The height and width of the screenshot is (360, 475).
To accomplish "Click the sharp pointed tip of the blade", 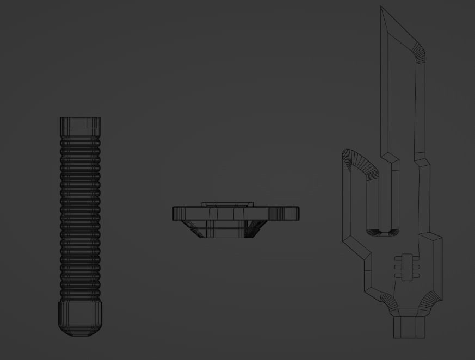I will tap(381, 9).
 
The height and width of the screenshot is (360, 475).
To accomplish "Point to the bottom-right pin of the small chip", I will tap(416, 276).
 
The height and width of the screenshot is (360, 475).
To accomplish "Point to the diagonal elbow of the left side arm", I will tap(356, 245).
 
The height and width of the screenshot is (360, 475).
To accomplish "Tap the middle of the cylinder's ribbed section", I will tap(80, 218).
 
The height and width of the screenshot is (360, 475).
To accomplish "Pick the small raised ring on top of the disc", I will tap(227, 204).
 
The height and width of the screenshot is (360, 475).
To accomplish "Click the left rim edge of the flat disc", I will tap(175, 213).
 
